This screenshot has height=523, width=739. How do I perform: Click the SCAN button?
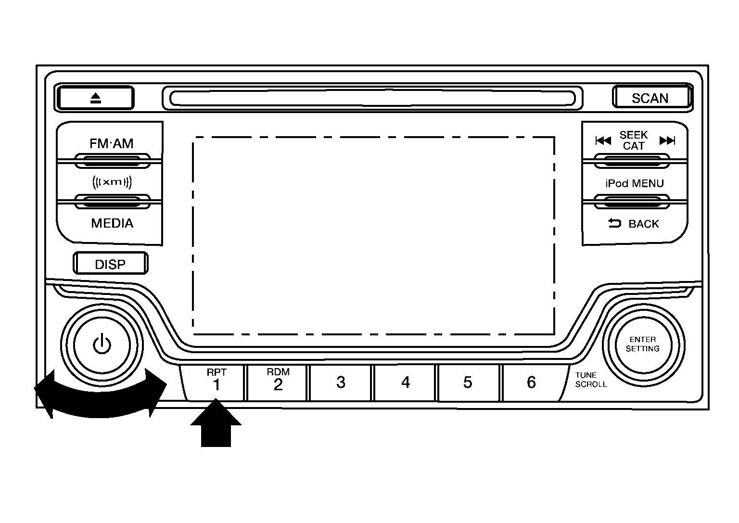pos(650,98)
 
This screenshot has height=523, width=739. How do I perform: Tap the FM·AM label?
pos(112,143)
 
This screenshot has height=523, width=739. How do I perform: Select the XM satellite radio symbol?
pos(112,182)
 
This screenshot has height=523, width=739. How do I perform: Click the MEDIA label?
pos(112,223)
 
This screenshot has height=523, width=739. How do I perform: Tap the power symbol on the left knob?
pos(102,345)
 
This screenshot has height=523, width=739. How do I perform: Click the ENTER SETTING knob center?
pos(642,344)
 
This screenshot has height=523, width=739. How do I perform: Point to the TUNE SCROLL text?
pos(590,380)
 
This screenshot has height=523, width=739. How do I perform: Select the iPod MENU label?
pos(634,183)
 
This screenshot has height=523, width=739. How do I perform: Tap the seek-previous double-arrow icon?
pos(603,140)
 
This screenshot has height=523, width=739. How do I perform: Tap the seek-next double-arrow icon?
pos(667,140)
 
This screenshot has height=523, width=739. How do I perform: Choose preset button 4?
pos(405,383)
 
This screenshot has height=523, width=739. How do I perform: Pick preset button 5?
pos(468,383)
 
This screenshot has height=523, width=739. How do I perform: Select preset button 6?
pos(531,383)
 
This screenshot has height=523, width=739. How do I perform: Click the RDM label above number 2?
pos(278,372)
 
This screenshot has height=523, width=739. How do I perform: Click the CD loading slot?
pos(372,98)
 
